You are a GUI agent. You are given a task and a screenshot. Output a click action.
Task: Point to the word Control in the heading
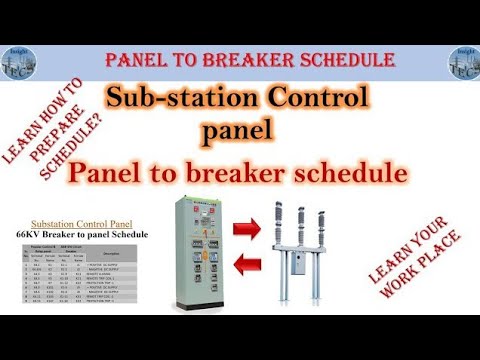click(310, 100)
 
